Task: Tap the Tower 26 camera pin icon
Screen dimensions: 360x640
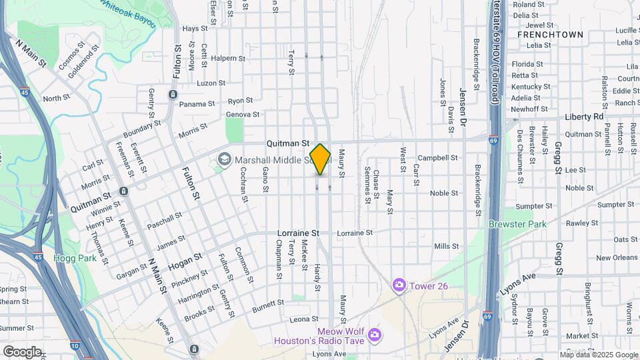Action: coord(399,285)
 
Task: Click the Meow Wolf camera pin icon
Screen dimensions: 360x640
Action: coord(374,333)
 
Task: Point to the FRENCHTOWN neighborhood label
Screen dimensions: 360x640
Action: coord(550,35)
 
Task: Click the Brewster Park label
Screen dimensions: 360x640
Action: coord(517,224)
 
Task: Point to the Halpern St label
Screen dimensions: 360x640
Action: coord(228,58)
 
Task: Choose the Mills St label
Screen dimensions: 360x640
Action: coord(446,246)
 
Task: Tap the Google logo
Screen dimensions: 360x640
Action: coord(22,352)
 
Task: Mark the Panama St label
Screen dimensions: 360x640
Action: coord(197,104)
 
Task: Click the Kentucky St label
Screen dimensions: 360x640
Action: coord(531,87)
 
